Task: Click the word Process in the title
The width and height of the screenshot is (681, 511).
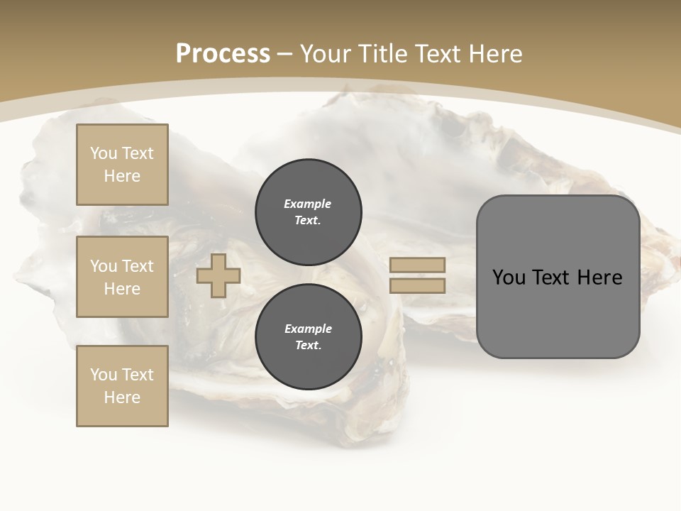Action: coord(223,54)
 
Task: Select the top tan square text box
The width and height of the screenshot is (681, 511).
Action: coord(122,165)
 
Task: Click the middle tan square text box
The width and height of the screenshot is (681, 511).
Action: coord(122,277)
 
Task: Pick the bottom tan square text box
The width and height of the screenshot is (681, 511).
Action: coord(122,386)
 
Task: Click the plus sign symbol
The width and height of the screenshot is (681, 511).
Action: coord(218,276)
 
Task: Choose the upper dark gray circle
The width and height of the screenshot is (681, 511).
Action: coord(309,212)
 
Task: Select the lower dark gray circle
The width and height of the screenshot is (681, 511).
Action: coord(309,337)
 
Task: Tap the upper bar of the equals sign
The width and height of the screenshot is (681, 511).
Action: coord(417,265)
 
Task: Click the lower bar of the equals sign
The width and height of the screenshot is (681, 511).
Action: coord(417,286)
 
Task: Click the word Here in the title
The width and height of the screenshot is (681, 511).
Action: coord(494,54)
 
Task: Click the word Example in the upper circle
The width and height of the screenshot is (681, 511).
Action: coord(308,204)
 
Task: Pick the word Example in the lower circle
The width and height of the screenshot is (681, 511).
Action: coord(308,329)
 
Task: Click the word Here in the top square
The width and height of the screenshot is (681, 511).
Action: coord(122,176)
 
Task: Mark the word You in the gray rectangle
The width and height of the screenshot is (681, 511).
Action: coord(508,278)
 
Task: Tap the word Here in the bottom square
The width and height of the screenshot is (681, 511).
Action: coord(122,397)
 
